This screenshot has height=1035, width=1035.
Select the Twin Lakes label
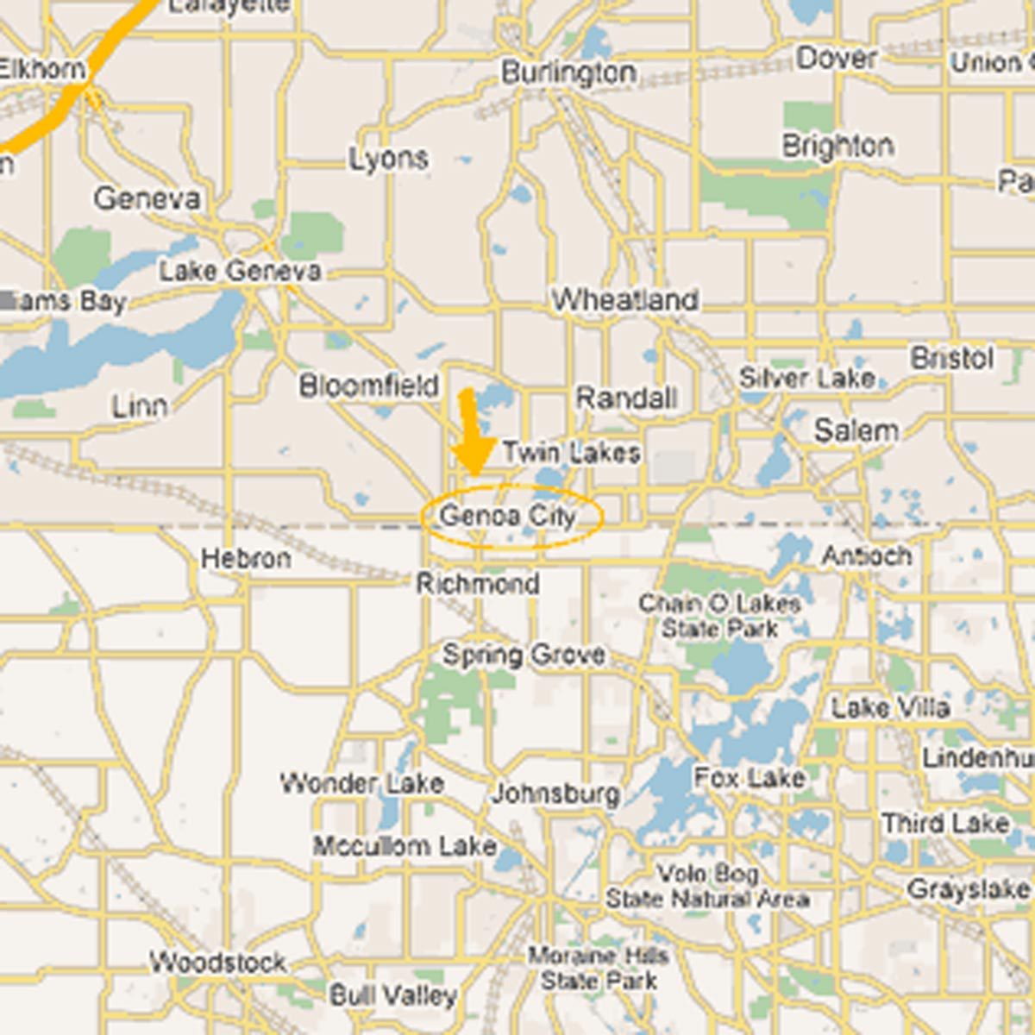[571, 453]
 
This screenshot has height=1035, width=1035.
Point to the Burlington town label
[569, 72]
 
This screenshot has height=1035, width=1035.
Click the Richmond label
[478, 584]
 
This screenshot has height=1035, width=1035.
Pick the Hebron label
[246, 559]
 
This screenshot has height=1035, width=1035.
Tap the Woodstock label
[217, 962]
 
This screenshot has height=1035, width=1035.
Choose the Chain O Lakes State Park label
[720, 616]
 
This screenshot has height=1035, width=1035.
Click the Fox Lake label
[750, 778]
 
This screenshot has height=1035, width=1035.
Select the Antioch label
[866, 556]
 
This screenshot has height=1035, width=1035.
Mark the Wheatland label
[625, 300]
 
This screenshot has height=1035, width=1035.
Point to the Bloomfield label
[369, 386]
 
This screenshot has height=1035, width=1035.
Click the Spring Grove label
[524, 655]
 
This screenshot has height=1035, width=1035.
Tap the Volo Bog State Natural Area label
[707, 887]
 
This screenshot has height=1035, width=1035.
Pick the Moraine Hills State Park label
[599, 968]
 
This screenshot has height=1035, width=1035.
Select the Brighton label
[837, 146]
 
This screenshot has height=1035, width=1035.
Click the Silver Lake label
[807, 378]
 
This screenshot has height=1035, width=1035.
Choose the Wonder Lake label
[362, 783]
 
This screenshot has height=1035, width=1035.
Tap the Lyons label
[389, 159]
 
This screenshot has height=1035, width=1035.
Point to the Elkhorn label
[41, 69]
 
